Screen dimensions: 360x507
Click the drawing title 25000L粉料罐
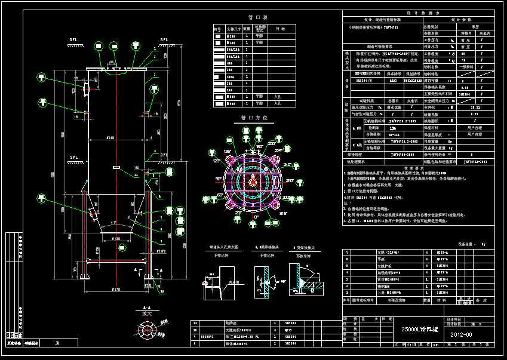tap(416, 329)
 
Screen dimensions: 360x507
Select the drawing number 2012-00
tap(461, 334)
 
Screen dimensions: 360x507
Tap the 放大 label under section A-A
tap(146, 312)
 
